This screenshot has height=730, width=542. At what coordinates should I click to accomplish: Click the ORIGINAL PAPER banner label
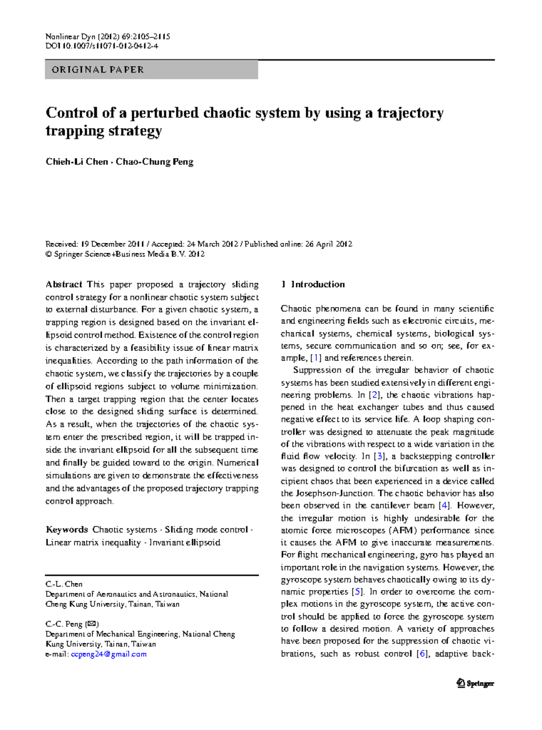click(x=98, y=70)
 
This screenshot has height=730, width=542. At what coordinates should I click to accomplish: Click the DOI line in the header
click(x=102, y=46)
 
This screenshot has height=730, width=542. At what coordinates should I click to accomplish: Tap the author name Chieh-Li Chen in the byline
click(x=77, y=162)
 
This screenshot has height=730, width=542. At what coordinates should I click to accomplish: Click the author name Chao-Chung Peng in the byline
click(x=154, y=162)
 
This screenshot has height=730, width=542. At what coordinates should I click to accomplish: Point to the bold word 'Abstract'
click(x=64, y=284)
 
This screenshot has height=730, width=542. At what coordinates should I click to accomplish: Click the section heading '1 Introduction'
click(x=313, y=284)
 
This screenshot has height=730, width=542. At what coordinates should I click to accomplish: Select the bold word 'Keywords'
click(x=67, y=530)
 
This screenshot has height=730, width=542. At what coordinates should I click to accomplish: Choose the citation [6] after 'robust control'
click(x=422, y=654)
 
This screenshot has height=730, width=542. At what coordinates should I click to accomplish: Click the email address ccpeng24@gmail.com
click(x=109, y=654)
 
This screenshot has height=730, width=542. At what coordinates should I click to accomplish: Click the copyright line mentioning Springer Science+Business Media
click(x=125, y=254)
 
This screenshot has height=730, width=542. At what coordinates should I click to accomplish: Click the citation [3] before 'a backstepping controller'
click(x=380, y=456)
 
